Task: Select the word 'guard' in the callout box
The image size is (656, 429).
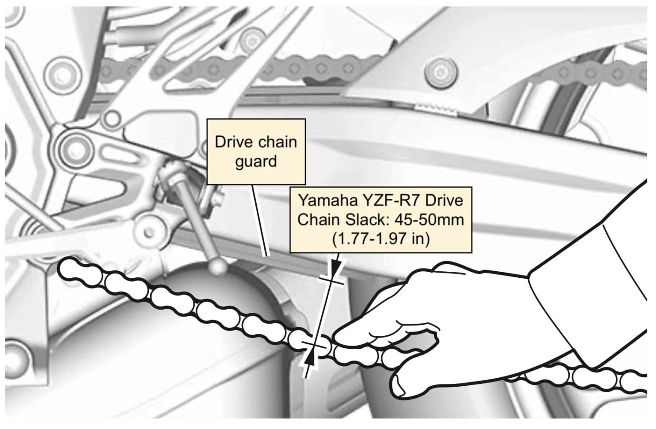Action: tap(256, 161)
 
